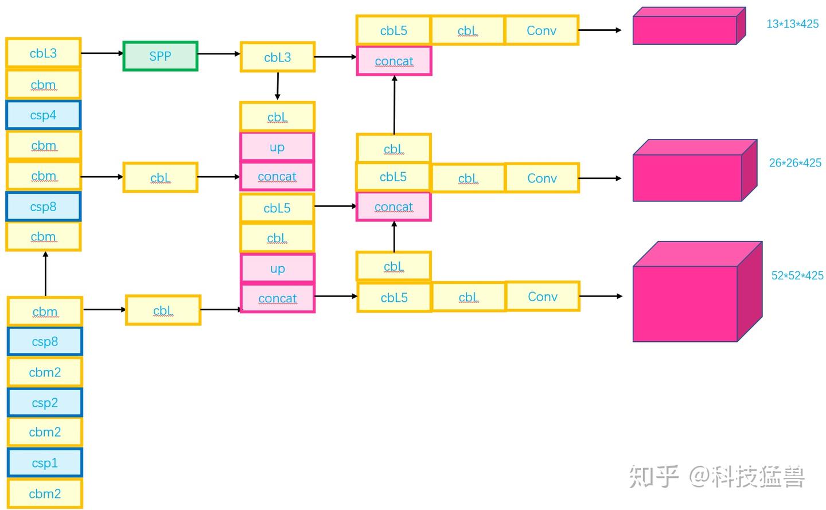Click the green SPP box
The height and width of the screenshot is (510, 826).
[x=160, y=56]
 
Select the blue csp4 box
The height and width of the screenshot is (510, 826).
[x=43, y=115]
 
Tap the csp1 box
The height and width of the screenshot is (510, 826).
[x=45, y=462]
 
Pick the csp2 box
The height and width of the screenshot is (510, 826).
[x=45, y=402]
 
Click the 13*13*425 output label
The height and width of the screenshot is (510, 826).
[x=792, y=24]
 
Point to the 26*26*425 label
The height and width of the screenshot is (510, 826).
[x=795, y=163]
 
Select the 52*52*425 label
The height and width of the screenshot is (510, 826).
[x=797, y=275]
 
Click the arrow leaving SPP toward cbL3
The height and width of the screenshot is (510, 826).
[x=219, y=54]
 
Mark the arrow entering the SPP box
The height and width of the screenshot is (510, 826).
[x=102, y=53]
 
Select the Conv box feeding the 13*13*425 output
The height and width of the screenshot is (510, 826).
[x=541, y=30]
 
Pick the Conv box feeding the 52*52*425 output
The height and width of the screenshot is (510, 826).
[x=542, y=297]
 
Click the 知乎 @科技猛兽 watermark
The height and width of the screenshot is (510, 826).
[x=717, y=477]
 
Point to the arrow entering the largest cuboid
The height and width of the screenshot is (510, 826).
[x=601, y=296]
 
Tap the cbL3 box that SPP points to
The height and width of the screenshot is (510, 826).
[x=278, y=57]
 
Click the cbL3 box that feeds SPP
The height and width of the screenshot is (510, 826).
[x=43, y=53]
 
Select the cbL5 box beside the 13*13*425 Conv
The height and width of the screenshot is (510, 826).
[x=393, y=30]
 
